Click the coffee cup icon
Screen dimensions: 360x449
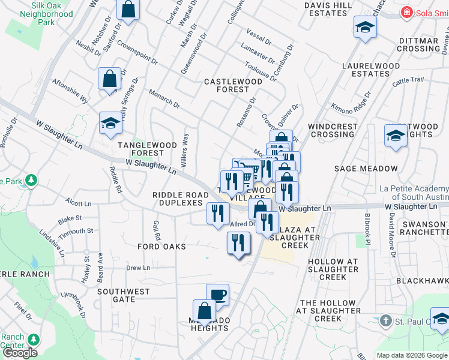click(x=217, y=295)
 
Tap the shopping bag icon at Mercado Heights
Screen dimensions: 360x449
click(x=204, y=310)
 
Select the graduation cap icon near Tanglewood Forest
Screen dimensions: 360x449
click(x=110, y=122)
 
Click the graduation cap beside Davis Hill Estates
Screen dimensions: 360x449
click(x=364, y=28)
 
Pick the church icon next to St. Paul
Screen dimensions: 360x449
click(x=386, y=322)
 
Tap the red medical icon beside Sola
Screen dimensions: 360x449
click(x=408, y=11)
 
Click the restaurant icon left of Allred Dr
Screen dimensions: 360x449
click(x=217, y=213)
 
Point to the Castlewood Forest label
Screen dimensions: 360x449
click(x=226, y=85)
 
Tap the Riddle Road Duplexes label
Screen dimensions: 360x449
click(x=177, y=199)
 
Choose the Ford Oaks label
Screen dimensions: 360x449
click(x=161, y=247)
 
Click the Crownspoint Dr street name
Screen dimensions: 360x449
click(x=137, y=53)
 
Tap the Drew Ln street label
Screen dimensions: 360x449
click(x=137, y=268)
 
